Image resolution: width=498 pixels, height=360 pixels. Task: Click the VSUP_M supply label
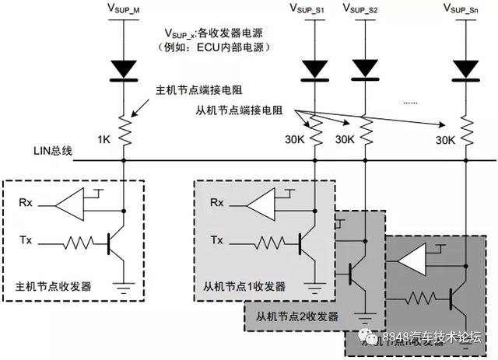[123, 9]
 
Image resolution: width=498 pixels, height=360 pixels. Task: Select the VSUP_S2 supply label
[363, 9]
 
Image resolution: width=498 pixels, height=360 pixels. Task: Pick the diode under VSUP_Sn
[466, 69]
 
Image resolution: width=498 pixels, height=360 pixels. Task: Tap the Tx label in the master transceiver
[26, 242]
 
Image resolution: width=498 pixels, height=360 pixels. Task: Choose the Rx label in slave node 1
[217, 204]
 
